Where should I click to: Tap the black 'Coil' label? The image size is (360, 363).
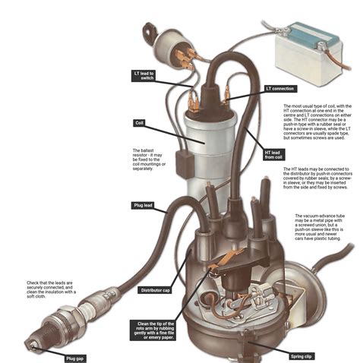140,122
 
